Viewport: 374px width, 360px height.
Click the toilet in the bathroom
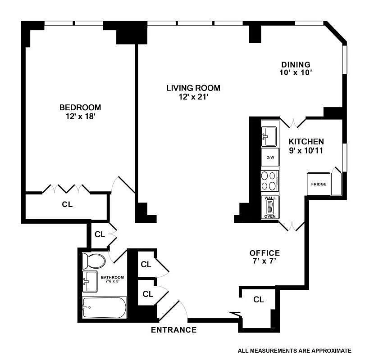94,261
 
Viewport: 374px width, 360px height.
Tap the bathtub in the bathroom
104,307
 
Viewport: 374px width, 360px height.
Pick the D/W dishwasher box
270,157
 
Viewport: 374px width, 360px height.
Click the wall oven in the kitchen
270,207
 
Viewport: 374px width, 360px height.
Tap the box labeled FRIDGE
319,184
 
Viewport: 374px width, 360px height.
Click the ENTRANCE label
173,330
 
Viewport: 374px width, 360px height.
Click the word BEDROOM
80,108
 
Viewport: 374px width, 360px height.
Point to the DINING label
296,64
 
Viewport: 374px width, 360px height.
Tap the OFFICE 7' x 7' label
265,257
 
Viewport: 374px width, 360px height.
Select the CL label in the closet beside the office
258,300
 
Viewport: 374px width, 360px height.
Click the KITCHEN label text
306,141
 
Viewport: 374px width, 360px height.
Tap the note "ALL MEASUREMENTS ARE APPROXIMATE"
294,351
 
